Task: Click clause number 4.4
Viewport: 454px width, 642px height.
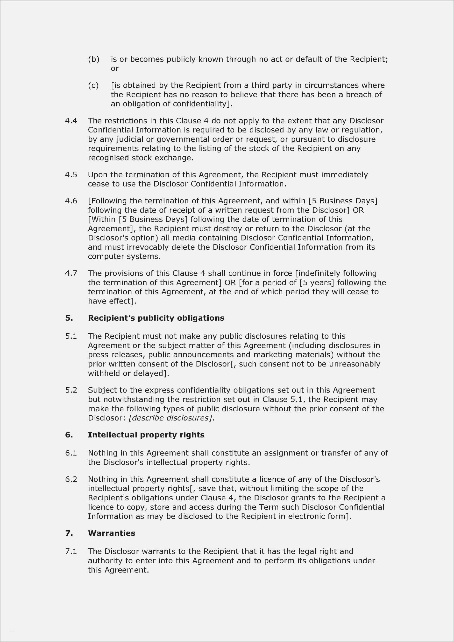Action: click(71, 121)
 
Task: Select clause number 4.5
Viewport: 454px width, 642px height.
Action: click(71, 175)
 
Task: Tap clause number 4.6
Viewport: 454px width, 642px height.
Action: click(71, 201)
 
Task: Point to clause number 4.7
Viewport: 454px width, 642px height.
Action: click(71, 273)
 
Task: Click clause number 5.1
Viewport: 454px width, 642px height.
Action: click(71, 336)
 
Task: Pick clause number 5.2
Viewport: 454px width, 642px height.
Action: click(71, 390)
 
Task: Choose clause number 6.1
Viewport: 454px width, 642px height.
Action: click(71, 453)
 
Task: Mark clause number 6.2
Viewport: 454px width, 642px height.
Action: click(71, 479)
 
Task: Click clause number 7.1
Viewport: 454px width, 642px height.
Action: click(71, 551)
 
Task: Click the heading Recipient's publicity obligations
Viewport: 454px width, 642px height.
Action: click(156, 318)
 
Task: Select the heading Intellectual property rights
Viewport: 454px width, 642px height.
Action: click(146, 435)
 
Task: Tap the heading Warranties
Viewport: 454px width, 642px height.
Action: click(111, 533)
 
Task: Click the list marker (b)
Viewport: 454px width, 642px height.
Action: click(94, 59)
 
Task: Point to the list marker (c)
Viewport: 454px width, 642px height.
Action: click(93, 85)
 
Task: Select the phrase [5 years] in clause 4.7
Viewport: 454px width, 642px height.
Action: click(317, 283)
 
